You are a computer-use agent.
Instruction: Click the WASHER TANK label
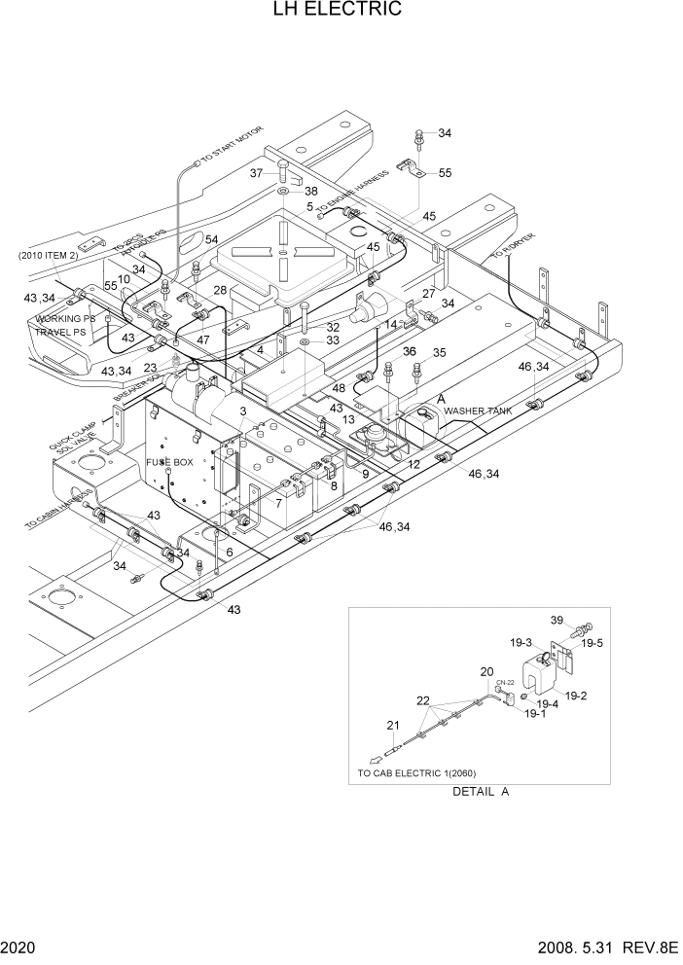(x=478, y=411)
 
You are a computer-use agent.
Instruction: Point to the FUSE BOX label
(x=169, y=462)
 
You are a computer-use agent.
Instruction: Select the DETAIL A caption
(x=481, y=791)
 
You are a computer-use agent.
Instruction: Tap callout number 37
(x=257, y=173)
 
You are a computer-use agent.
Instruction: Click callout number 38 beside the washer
(x=311, y=192)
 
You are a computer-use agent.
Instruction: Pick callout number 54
(x=211, y=240)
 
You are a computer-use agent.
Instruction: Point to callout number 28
(x=220, y=291)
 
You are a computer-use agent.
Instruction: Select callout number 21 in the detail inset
(x=393, y=725)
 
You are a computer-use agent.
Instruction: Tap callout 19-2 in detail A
(x=575, y=696)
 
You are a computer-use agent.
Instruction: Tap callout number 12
(x=414, y=465)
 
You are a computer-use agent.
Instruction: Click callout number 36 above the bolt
(x=382, y=351)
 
